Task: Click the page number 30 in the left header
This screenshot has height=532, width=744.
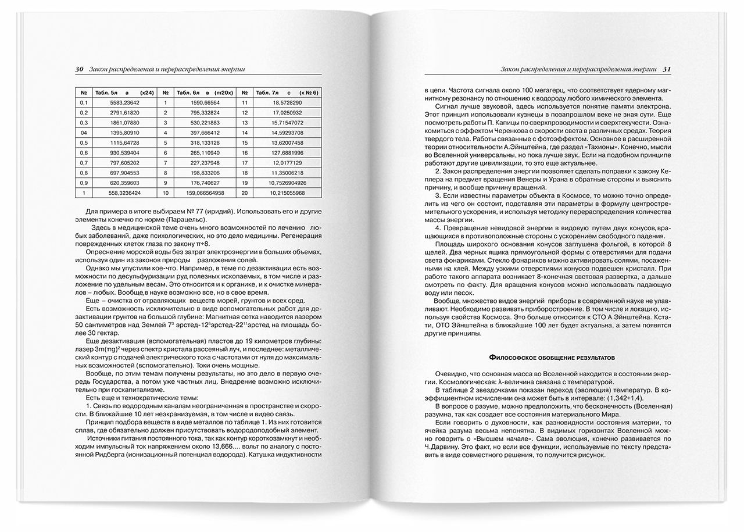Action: coord(80,69)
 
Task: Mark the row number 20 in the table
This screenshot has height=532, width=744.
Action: coord(245,191)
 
